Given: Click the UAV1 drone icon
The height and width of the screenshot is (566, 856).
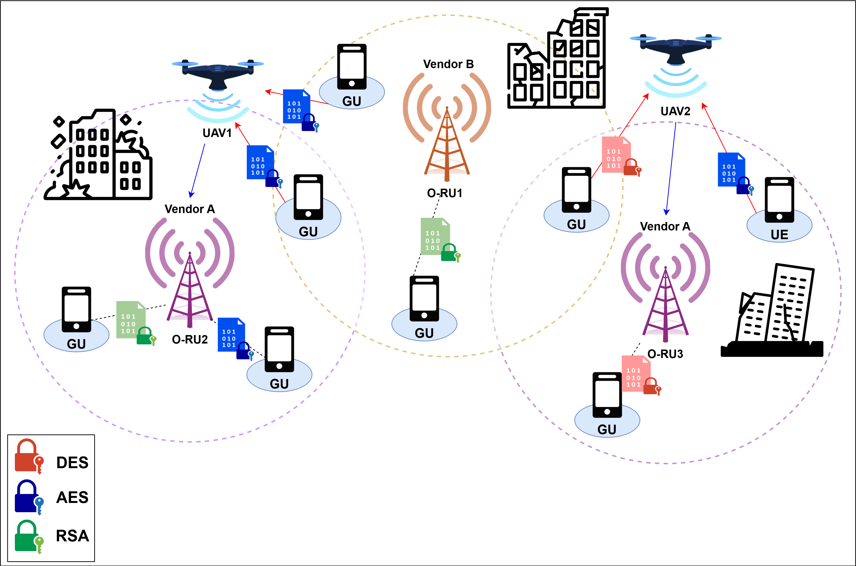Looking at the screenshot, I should pos(218,74).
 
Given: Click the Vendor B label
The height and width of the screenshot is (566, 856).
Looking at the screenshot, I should pos(448,64).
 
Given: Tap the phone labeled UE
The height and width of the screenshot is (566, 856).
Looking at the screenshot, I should pos(779,200).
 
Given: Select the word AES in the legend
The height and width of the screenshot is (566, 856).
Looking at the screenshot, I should pos(72,497).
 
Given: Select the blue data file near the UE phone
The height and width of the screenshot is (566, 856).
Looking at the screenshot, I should pos(731,170).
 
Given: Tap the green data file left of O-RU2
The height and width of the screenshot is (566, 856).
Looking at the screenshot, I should pos(131,320).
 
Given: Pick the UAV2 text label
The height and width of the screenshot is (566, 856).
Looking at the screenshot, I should pos(675,111).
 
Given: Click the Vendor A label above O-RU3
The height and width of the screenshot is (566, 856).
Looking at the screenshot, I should pos(665,226).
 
